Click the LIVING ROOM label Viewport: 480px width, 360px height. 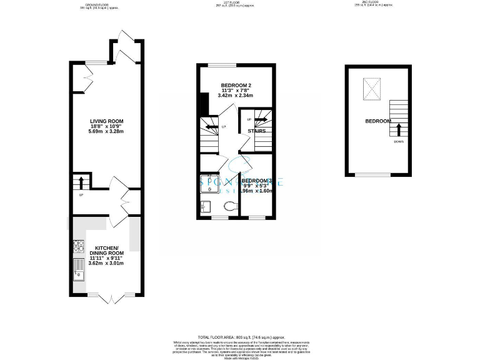tap(106, 121)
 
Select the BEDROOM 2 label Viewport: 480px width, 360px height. tap(236, 85)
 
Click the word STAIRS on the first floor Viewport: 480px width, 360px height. tap(257, 131)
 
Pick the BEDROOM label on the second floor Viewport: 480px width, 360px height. tap(378, 121)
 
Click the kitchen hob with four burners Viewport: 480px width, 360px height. tap(79, 246)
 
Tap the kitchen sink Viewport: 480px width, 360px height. tap(78, 269)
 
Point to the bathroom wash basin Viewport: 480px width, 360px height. tap(206, 207)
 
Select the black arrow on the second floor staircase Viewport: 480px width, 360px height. tap(397, 129)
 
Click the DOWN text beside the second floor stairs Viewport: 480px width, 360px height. tap(398, 142)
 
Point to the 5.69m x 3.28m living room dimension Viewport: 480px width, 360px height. tap(106, 132)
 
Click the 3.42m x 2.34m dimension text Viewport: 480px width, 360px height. tap(236, 96)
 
